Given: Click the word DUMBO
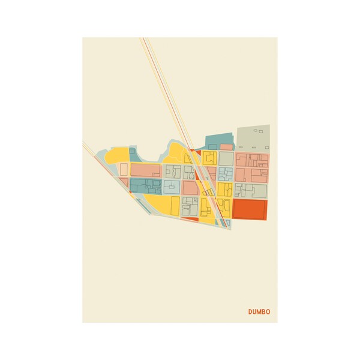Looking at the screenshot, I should (259, 311).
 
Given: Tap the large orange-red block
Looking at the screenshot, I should (248, 210).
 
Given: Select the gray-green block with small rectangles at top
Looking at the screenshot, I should (253, 137).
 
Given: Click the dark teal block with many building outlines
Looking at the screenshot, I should (145, 186).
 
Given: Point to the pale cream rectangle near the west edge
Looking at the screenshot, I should (124, 169).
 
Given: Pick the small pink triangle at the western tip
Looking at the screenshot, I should (123, 182).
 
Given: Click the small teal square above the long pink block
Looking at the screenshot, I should (132, 152).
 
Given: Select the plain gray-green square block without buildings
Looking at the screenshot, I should (226, 158).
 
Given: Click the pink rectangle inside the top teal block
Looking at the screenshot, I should (226, 146).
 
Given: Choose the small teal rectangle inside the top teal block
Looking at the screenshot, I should (212, 146).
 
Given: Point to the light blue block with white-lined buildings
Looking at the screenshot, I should (225, 174).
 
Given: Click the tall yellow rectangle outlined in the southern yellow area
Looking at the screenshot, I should (175, 206).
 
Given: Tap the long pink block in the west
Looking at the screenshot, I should (145, 170).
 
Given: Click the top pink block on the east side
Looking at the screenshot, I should (252, 160).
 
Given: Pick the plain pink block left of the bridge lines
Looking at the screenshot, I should (189, 188).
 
